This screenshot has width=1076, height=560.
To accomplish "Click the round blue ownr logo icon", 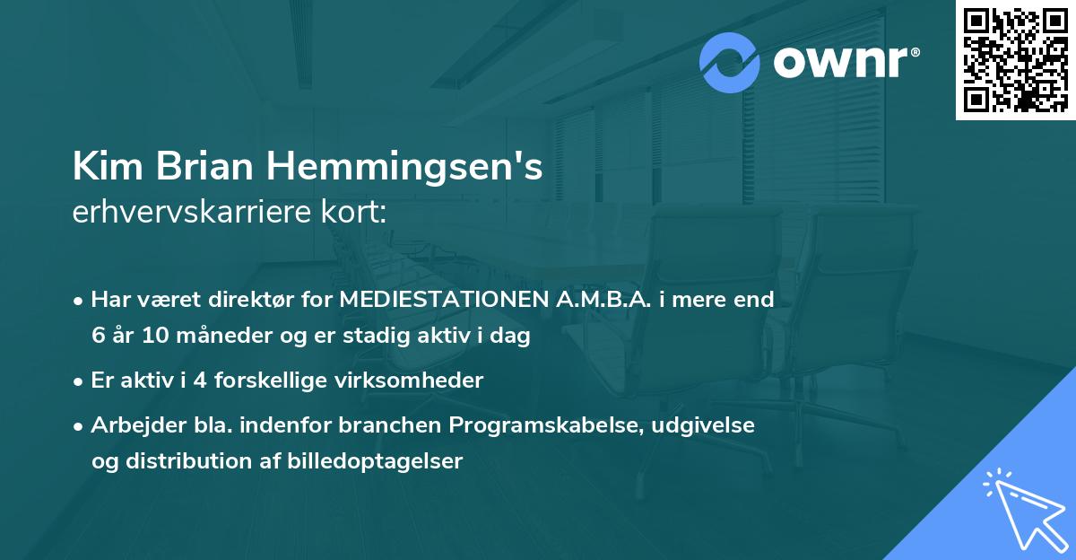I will [729, 62].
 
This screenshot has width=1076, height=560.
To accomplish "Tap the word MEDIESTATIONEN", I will [439, 300].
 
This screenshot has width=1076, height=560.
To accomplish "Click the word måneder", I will [214, 337].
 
